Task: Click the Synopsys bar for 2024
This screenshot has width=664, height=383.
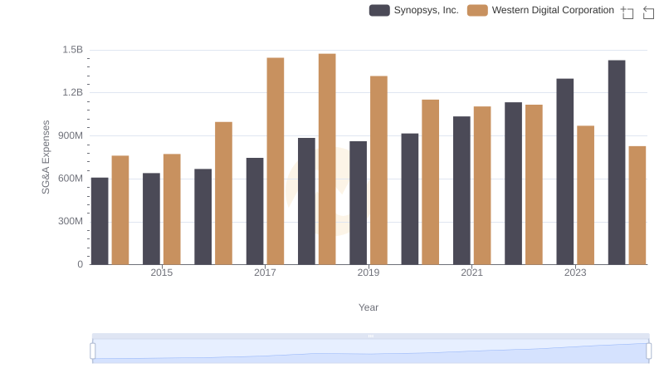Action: (x=617, y=162)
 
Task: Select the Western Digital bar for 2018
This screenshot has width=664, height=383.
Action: (x=327, y=159)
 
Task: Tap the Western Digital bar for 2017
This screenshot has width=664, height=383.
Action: (x=276, y=161)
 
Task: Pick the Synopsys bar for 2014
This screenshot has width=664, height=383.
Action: (x=100, y=221)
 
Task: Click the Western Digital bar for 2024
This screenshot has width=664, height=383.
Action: (x=637, y=205)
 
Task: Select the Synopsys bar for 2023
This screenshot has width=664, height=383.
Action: (x=565, y=171)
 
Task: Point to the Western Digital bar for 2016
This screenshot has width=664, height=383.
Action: (x=223, y=193)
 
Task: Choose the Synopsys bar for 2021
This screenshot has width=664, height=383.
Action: (x=461, y=190)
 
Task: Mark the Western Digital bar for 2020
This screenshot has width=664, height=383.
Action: (x=430, y=182)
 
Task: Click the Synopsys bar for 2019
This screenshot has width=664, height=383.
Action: (x=358, y=203)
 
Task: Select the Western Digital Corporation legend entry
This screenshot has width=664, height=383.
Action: (x=541, y=11)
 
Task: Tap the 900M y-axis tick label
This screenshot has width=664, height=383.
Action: (x=70, y=135)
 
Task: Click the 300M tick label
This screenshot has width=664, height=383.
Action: (x=70, y=221)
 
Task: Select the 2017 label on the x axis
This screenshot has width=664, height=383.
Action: (x=265, y=273)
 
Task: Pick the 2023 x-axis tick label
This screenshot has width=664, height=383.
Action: (x=575, y=273)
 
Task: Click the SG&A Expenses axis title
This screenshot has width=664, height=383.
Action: (x=46, y=157)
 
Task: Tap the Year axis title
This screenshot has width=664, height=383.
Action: (x=369, y=307)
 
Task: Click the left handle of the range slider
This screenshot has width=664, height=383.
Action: (x=93, y=351)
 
